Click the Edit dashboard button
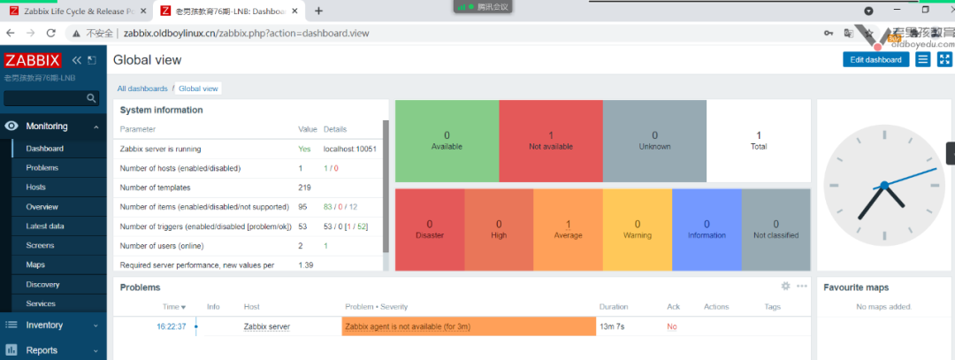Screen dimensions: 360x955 pyautogui.click(x=875, y=59)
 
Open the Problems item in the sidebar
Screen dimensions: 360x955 pyautogui.click(x=42, y=168)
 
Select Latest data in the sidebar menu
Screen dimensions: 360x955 pyautogui.click(x=44, y=226)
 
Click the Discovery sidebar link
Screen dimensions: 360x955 pyautogui.click(x=42, y=285)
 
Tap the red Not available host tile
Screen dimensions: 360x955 pyautogui.click(x=550, y=140)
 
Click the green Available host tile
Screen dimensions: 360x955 pyautogui.click(x=447, y=140)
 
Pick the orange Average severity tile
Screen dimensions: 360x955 pyautogui.click(x=568, y=229)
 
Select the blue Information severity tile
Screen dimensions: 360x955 pyautogui.click(x=707, y=229)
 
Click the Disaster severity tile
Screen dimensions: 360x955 pyautogui.click(x=430, y=229)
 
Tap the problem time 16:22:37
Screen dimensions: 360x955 pyautogui.click(x=171, y=326)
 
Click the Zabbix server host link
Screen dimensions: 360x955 pyautogui.click(x=266, y=326)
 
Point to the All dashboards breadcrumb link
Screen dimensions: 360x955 pyautogui.click(x=142, y=88)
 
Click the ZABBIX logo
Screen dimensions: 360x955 pyautogui.click(x=32, y=60)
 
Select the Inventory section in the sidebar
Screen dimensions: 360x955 pyautogui.click(x=44, y=326)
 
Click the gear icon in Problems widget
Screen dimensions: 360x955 pyautogui.click(x=784, y=287)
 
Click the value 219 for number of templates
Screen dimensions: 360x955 pyautogui.click(x=305, y=188)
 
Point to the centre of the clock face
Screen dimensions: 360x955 pyautogui.click(x=883, y=186)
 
